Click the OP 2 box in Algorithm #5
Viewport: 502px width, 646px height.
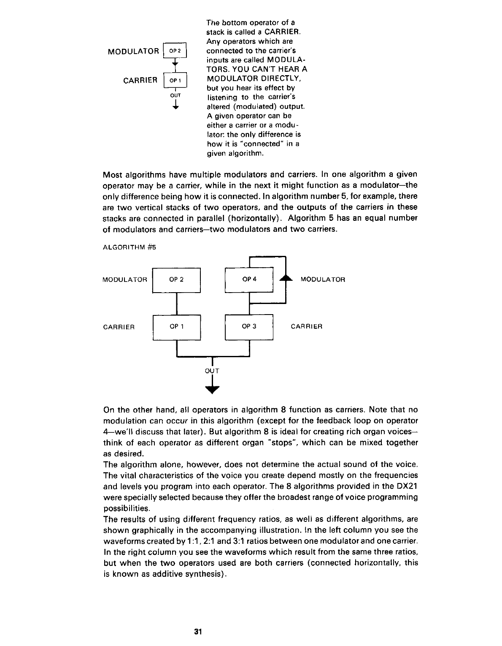tap(176, 280)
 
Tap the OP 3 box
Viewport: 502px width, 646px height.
tap(249, 327)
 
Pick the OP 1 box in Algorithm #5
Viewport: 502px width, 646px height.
tap(176, 327)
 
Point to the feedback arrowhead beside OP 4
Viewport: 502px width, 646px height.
tap(286, 278)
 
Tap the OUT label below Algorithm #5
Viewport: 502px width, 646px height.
tap(212, 371)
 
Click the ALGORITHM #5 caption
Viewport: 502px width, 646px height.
tap(130, 248)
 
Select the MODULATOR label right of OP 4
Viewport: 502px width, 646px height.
tap(323, 280)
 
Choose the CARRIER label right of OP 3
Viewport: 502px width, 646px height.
tap(307, 327)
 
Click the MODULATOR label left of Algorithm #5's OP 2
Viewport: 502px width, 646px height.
tap(125, 280)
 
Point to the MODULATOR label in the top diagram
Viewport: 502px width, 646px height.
tap(133, 52)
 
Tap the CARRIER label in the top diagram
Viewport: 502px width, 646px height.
tap(140, 80)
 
